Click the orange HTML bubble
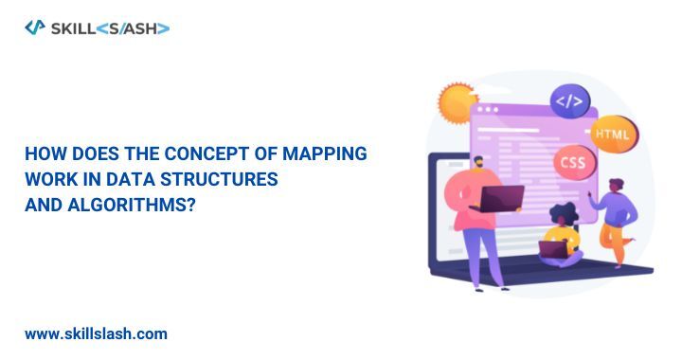pos(611,135)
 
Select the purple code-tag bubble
pos(570,99)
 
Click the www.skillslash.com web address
pos(96,333)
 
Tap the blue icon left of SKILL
pos(34,27)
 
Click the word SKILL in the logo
pos(74,28)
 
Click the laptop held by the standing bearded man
pos(502,198)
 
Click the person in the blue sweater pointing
pos(616,204)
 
